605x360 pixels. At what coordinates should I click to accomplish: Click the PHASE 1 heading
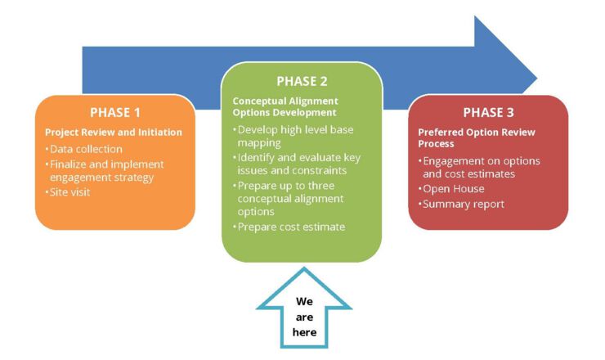(x=115, y=112)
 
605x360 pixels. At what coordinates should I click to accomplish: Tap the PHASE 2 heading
(x=302, y=81)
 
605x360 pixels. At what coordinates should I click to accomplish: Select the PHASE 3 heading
(x=488, y=112)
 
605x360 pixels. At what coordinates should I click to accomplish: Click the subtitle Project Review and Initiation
(x=114, y=132)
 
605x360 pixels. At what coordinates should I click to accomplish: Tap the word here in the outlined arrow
(x=304, y=332)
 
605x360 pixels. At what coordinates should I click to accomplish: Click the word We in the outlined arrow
(x=304, y=301)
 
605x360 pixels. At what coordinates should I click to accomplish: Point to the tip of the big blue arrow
(x=537, y=79)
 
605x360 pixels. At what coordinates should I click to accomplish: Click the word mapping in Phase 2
(x=259, y=143)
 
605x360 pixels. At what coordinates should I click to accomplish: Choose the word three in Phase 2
(x=318, y=186)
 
